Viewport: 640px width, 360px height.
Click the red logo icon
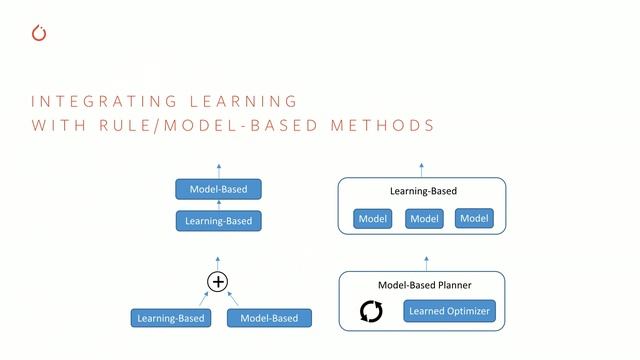click(x=40, y=33)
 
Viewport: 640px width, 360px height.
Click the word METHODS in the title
click(x=385, y=126)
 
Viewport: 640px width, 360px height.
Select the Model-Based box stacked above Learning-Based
click(x=218, y=189)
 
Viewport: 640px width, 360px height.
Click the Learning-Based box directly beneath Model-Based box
click(x=218, y=220)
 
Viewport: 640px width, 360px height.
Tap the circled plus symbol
click(x=218, y=282)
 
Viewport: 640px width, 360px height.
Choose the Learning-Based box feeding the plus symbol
click(x=170, y=319)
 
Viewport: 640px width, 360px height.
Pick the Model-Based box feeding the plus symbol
click(x=269, y=319)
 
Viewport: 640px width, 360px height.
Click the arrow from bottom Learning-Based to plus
click(x=203, y=298)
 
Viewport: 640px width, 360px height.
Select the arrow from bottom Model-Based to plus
click(x=233, y=298)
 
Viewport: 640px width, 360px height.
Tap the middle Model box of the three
click(x=424, y=219)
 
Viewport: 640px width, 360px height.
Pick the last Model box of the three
click(x=475, y=219)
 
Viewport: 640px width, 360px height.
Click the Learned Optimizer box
click(x=449, y=312)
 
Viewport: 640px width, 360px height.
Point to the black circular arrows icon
click(x=371, y=312)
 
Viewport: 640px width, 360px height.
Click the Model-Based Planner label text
click(x=425, y=285)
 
